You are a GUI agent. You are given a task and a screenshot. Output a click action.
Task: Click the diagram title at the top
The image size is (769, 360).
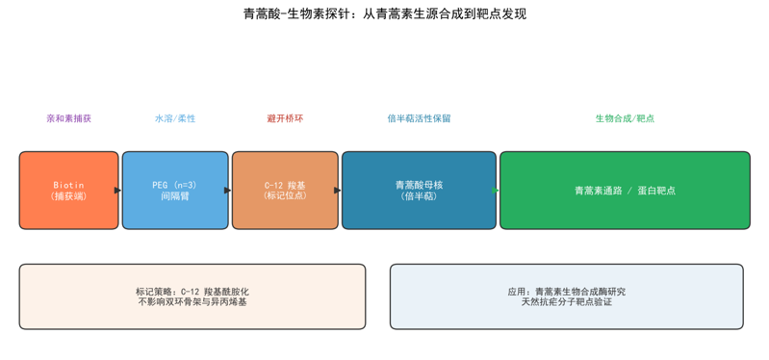tap(385, 14)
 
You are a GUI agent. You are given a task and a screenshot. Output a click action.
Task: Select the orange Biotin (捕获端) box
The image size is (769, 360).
tap(68, 191)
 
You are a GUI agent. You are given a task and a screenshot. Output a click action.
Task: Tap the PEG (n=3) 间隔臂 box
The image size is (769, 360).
tap(175, 191)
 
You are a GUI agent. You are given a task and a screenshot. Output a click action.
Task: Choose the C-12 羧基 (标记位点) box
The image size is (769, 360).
tap(285, 191)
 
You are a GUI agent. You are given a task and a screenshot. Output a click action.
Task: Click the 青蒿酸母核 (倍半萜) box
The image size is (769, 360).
tap(419, 191)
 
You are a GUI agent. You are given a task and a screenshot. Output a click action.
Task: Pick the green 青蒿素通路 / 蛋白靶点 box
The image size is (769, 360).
tap(625, 191)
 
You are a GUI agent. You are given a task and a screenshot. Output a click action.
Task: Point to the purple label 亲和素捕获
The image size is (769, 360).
tap(68, 118)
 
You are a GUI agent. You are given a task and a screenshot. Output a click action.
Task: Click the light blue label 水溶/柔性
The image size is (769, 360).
tap(175, 118)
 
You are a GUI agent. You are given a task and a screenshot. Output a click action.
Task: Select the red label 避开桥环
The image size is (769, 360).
tap(285, 118)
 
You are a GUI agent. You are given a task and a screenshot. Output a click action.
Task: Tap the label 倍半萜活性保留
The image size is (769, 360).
tap(419, 118)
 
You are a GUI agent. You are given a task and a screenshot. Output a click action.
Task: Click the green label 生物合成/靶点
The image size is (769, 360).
tap(625, 118)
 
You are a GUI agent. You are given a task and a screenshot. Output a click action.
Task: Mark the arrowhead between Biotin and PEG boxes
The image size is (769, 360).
tap(117, 191)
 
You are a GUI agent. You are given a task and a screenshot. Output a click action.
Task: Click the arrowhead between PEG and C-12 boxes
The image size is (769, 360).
tap(227, 191)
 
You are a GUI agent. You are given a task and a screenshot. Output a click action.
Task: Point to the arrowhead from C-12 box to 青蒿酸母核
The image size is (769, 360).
tap(338, 191)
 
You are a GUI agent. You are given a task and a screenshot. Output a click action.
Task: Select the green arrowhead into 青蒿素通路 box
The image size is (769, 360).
tap(496, 191)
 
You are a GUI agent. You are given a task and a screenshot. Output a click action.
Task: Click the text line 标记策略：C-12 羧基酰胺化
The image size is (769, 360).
tap(192, 292)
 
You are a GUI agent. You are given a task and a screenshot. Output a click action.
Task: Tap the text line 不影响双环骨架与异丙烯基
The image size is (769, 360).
tap(192, 302)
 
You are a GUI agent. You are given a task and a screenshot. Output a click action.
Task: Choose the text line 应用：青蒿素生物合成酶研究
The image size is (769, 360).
tap(567, 292)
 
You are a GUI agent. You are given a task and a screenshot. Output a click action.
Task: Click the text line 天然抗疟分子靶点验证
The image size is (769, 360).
tap(567, 302)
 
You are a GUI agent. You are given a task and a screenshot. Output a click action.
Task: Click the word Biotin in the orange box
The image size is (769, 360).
tap(68, 185)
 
